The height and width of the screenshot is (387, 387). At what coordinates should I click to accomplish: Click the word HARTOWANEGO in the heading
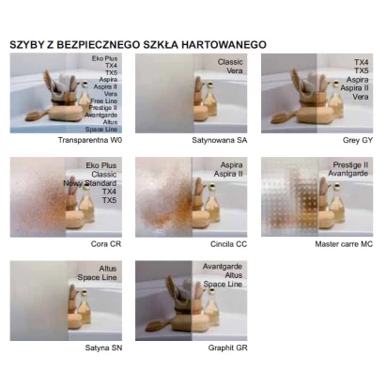click(224, 45)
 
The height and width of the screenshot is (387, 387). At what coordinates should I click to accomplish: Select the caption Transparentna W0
click(90, 140)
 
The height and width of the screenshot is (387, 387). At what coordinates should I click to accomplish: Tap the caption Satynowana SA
click(220, 140)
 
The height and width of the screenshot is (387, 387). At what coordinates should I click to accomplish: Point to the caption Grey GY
click(358, 140)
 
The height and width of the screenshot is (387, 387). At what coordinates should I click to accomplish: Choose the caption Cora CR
click(106, 244)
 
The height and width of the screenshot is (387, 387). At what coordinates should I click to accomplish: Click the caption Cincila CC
click(228, 244)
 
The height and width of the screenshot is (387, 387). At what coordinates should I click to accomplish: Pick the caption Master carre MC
click(344, 244)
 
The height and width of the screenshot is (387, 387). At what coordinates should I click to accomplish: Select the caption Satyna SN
click(103, 348)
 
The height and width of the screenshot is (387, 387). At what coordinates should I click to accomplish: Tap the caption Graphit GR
click(227, 348)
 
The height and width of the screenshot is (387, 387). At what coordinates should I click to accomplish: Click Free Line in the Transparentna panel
click(104, 101)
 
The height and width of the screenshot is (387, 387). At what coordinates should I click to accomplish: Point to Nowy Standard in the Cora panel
click(90, 183)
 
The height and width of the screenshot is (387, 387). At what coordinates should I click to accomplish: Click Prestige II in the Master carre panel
click(350, 164)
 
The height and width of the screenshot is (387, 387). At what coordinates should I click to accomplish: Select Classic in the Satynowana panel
click(230, 62)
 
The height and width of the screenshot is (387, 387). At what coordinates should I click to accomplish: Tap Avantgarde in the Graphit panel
click(223, 267)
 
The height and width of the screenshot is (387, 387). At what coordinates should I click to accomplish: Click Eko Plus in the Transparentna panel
click(104, 58)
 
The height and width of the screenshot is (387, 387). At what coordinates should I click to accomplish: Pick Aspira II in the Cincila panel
click(228, 174)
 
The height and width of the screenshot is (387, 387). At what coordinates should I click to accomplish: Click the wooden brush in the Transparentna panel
click(37, 116)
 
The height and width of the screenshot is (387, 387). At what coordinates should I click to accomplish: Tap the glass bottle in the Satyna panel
click(85, 307)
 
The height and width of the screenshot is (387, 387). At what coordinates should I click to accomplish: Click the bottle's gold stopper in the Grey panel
click(336, 85)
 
